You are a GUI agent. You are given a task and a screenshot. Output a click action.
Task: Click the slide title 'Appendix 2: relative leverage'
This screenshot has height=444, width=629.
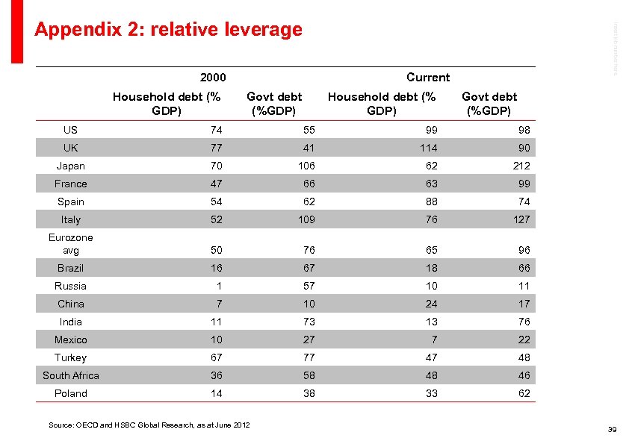point(168,29)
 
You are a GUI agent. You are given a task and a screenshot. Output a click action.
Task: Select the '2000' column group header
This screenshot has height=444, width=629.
point(213,78)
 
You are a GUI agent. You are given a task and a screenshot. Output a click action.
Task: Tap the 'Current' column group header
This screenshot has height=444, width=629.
point(428,78)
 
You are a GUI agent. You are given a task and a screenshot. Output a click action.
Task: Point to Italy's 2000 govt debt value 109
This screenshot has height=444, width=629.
point(305,219)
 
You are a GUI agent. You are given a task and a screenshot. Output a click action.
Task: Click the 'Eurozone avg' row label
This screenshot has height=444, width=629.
point(71,244)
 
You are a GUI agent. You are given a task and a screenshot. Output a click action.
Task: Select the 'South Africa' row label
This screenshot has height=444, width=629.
point(71,375)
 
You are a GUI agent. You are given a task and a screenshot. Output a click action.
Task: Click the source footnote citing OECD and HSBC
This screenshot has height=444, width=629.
point(149,425)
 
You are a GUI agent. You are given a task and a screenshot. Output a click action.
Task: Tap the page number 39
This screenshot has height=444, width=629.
point(612,429)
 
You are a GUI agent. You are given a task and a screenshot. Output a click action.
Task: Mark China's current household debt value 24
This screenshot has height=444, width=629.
point(431,304)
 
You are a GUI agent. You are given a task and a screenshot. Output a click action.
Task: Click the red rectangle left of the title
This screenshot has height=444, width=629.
point(17,30)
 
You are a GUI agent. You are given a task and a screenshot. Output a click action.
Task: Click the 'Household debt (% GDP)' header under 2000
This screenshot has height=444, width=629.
point(167,103)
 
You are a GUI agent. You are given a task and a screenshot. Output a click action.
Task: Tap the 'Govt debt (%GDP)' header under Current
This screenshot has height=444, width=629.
point(489,103)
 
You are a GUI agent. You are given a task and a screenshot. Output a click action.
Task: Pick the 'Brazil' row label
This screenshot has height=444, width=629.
point(71,268)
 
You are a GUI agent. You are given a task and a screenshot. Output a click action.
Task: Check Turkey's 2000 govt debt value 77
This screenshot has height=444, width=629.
point(309,357)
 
